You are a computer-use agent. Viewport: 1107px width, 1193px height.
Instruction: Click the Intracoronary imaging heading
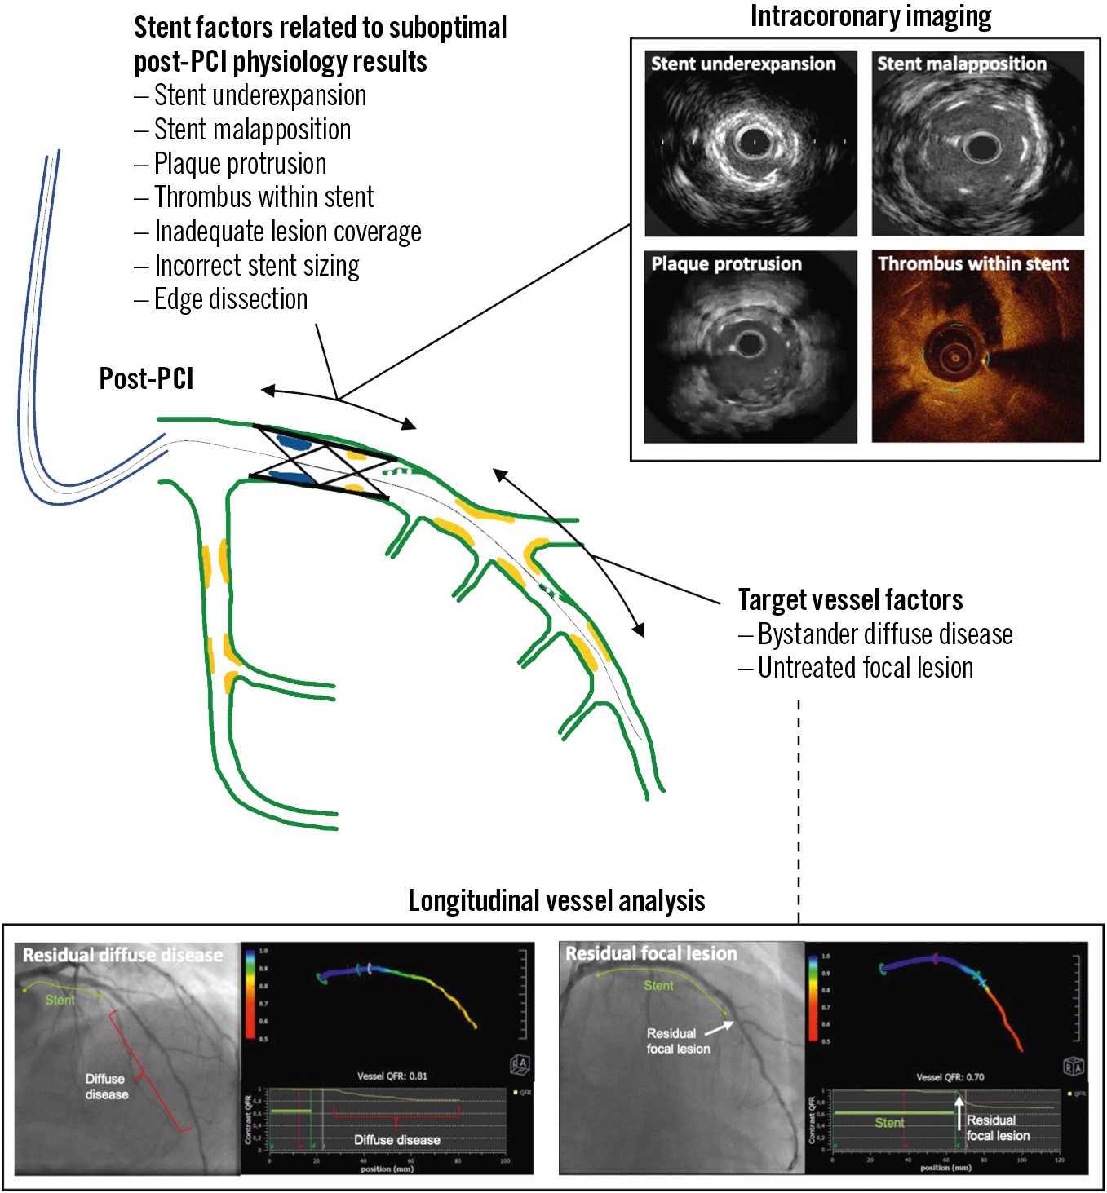pos(870,16)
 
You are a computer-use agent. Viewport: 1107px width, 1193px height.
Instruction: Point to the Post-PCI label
pos(146,379)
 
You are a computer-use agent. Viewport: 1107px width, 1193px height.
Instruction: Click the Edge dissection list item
pos(231,299)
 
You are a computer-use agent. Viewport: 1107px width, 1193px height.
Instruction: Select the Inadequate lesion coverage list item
pos(287,232)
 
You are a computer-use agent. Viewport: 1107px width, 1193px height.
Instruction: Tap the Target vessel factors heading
pos(850,600)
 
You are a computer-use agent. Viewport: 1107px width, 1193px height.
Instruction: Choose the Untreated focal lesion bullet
pos(865,668)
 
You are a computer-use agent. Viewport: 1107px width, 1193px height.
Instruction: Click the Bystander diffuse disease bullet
pos(884,634)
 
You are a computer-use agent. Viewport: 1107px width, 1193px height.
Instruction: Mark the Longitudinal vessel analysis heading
pos(556,901)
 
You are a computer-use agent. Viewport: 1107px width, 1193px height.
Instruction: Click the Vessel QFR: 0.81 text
pos(392,1076)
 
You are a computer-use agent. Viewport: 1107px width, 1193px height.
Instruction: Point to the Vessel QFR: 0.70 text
pos(950,1077)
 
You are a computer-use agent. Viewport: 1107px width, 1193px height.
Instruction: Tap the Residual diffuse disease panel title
pos(122,955)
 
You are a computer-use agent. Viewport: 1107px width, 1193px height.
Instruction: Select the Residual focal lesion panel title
pos(651,953)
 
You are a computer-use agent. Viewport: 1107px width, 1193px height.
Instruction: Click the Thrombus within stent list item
pos(263,197)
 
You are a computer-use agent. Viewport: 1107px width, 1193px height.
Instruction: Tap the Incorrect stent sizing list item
pos(256,266)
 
